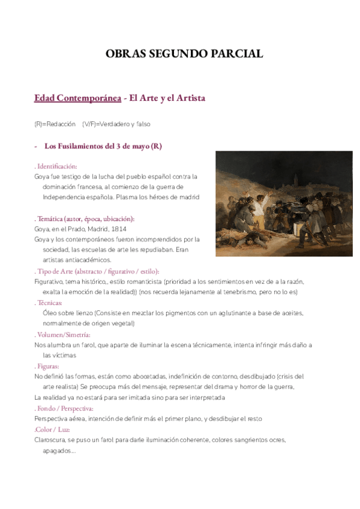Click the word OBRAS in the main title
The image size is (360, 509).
[x=124, y=53]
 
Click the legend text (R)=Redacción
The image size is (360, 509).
[x=55, y=124]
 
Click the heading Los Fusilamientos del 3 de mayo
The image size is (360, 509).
[x=103, y=146]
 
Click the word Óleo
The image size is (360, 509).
[x=51, y=313]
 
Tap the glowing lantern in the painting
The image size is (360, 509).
[x=298, y=227]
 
